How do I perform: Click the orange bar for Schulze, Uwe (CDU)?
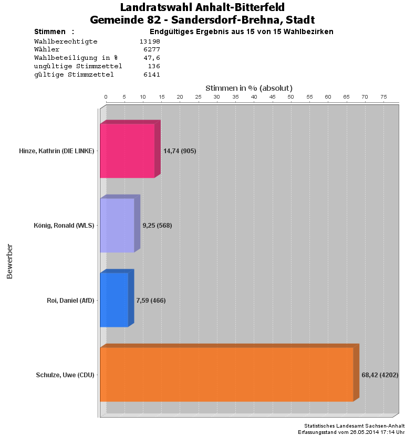pyautogui.click(x=226, y=375)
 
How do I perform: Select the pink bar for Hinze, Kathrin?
pyautogui.click(x=127, y=151)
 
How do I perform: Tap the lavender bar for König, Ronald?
pyautogui.click(x=117, y=226)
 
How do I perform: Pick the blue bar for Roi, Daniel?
pyautogui.click(x=114, y=300)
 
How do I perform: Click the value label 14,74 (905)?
pyautogui.click(x=180, y=151)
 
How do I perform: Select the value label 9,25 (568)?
pyautogui.click(x=157, y=226)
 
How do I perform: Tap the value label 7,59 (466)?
pyautogui.click(x=151, y=301)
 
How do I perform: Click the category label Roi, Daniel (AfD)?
pyautogui.click(x=70, y=301)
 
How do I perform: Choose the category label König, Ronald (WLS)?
pyautogui.click(x=64, y=226)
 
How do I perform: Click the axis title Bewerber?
pyautogui.click(x=9, y=261)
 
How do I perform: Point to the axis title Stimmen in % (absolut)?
pyautogui.click(x=248, y=88)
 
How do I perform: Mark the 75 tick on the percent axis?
pyautogui.click(x=383, y=97)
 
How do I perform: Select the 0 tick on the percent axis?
pyautogui.click(x=106, y=97)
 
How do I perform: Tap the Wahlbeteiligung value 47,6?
pyautogui.click(x=152, y=58)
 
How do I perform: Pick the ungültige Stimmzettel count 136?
pyautogui.click(x=154, y=66)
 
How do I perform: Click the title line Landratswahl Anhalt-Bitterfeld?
pyautogui.click(x=202, y=7)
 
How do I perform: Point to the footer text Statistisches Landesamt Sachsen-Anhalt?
pyautogui.click(x=354, y=426)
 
